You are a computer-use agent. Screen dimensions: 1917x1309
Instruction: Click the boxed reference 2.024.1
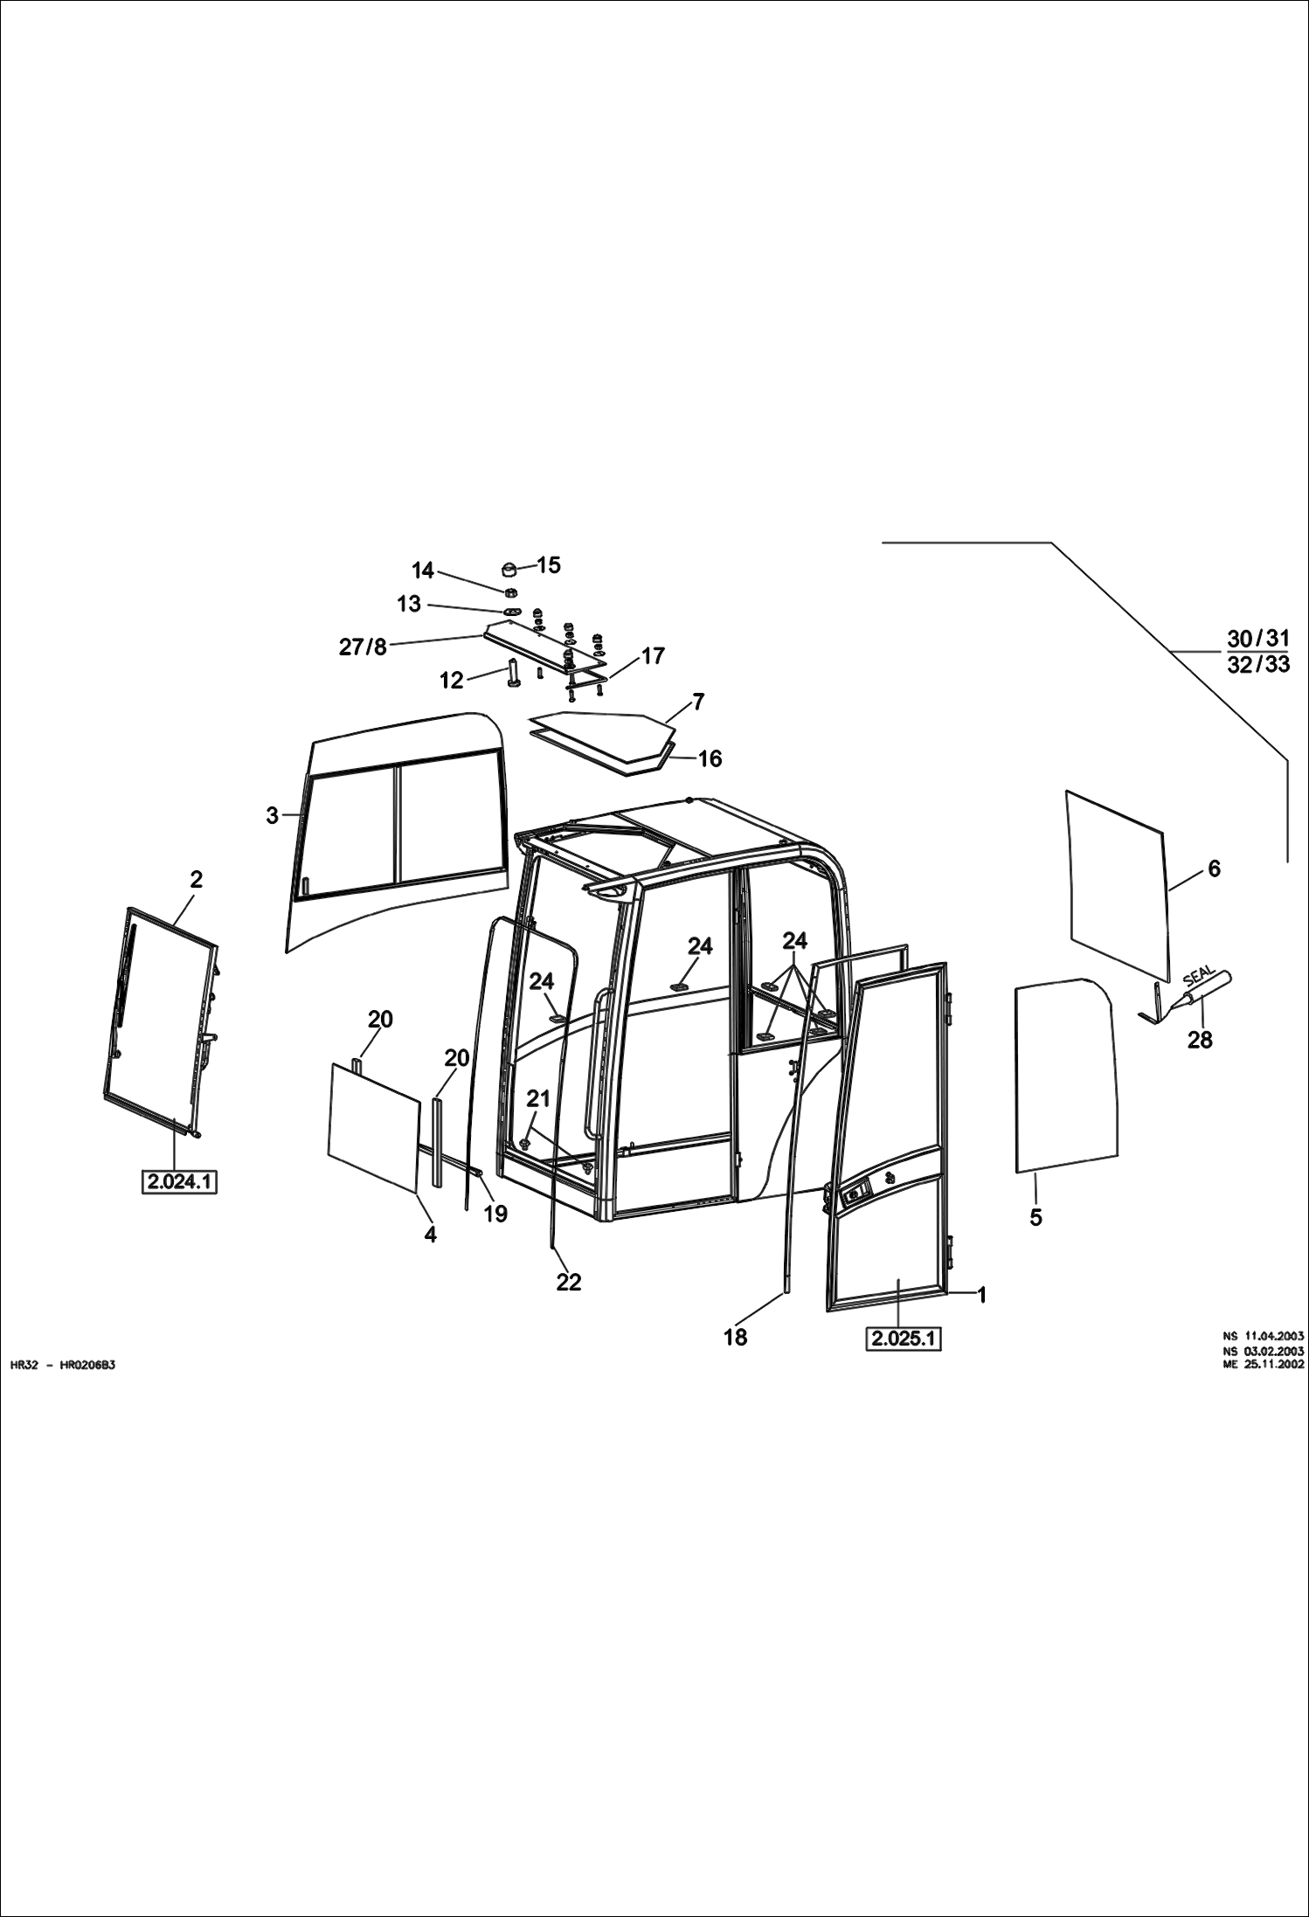point(179,1182)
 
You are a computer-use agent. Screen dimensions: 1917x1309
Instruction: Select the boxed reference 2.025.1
point(903,1338)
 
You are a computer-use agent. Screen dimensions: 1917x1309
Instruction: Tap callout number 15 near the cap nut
point(548,565)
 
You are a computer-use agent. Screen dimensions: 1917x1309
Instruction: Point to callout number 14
point(423,571)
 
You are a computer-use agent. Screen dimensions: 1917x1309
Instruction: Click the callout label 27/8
point(363,647)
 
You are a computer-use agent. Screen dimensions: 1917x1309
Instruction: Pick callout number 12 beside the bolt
point(451,680)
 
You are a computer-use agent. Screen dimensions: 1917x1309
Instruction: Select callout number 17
point(653,655)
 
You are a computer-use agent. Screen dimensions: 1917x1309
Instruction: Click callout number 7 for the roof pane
point(697,702)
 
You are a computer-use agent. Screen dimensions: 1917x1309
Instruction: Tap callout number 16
point(710,758)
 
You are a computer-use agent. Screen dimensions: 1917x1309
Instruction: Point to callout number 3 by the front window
point(273,815)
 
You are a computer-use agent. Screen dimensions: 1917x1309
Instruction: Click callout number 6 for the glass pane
point(1214,869)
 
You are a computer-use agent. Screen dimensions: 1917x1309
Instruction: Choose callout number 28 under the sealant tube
point(1200,1040)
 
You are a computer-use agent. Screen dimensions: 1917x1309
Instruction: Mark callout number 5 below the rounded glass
point(1035,1217)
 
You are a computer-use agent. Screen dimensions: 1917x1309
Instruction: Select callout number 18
point(735,1337)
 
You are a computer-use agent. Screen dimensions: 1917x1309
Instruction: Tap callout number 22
point(568,1282)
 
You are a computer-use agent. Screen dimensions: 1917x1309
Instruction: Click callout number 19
point(495,1214)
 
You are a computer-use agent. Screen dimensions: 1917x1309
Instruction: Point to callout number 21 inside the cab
point(538,1098)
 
